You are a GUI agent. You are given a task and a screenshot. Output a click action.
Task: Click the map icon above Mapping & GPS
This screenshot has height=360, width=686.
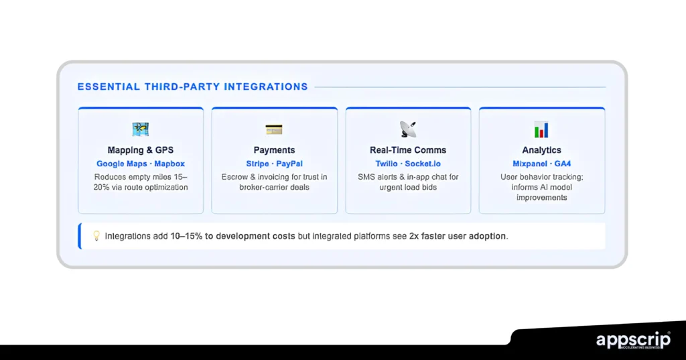141,129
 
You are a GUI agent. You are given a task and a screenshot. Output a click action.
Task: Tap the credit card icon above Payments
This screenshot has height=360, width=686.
274,129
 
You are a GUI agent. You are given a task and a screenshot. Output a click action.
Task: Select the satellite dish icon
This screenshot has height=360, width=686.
408,129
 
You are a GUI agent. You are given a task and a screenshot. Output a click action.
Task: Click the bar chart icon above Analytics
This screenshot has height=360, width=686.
541,129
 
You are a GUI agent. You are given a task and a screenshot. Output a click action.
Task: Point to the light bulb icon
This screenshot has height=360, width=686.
96,235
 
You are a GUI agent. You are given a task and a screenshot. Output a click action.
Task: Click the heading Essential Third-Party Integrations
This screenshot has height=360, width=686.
192,86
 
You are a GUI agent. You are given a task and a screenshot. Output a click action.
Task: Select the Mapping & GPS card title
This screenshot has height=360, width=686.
141,150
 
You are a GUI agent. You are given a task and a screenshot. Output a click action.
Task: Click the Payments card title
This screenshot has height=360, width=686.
274,150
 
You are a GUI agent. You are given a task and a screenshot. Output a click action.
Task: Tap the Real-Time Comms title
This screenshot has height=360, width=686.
408,150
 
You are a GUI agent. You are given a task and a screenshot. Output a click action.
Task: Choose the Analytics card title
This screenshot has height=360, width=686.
541,150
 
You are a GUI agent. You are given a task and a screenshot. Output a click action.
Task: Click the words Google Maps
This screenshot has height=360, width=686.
122,164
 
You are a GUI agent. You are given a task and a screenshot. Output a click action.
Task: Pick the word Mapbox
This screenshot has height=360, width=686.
169,164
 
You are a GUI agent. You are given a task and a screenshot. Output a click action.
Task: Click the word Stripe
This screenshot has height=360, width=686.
257,164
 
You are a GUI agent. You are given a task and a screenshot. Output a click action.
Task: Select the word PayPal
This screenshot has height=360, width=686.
289,164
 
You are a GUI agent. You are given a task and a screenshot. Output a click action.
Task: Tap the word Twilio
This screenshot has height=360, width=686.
387,164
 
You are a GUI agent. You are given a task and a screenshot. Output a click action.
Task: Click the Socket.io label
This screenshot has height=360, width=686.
423,164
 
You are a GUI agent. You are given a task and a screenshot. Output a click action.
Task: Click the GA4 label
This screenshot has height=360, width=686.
563,164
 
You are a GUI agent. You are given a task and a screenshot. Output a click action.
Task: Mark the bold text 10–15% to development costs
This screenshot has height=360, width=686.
232,236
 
